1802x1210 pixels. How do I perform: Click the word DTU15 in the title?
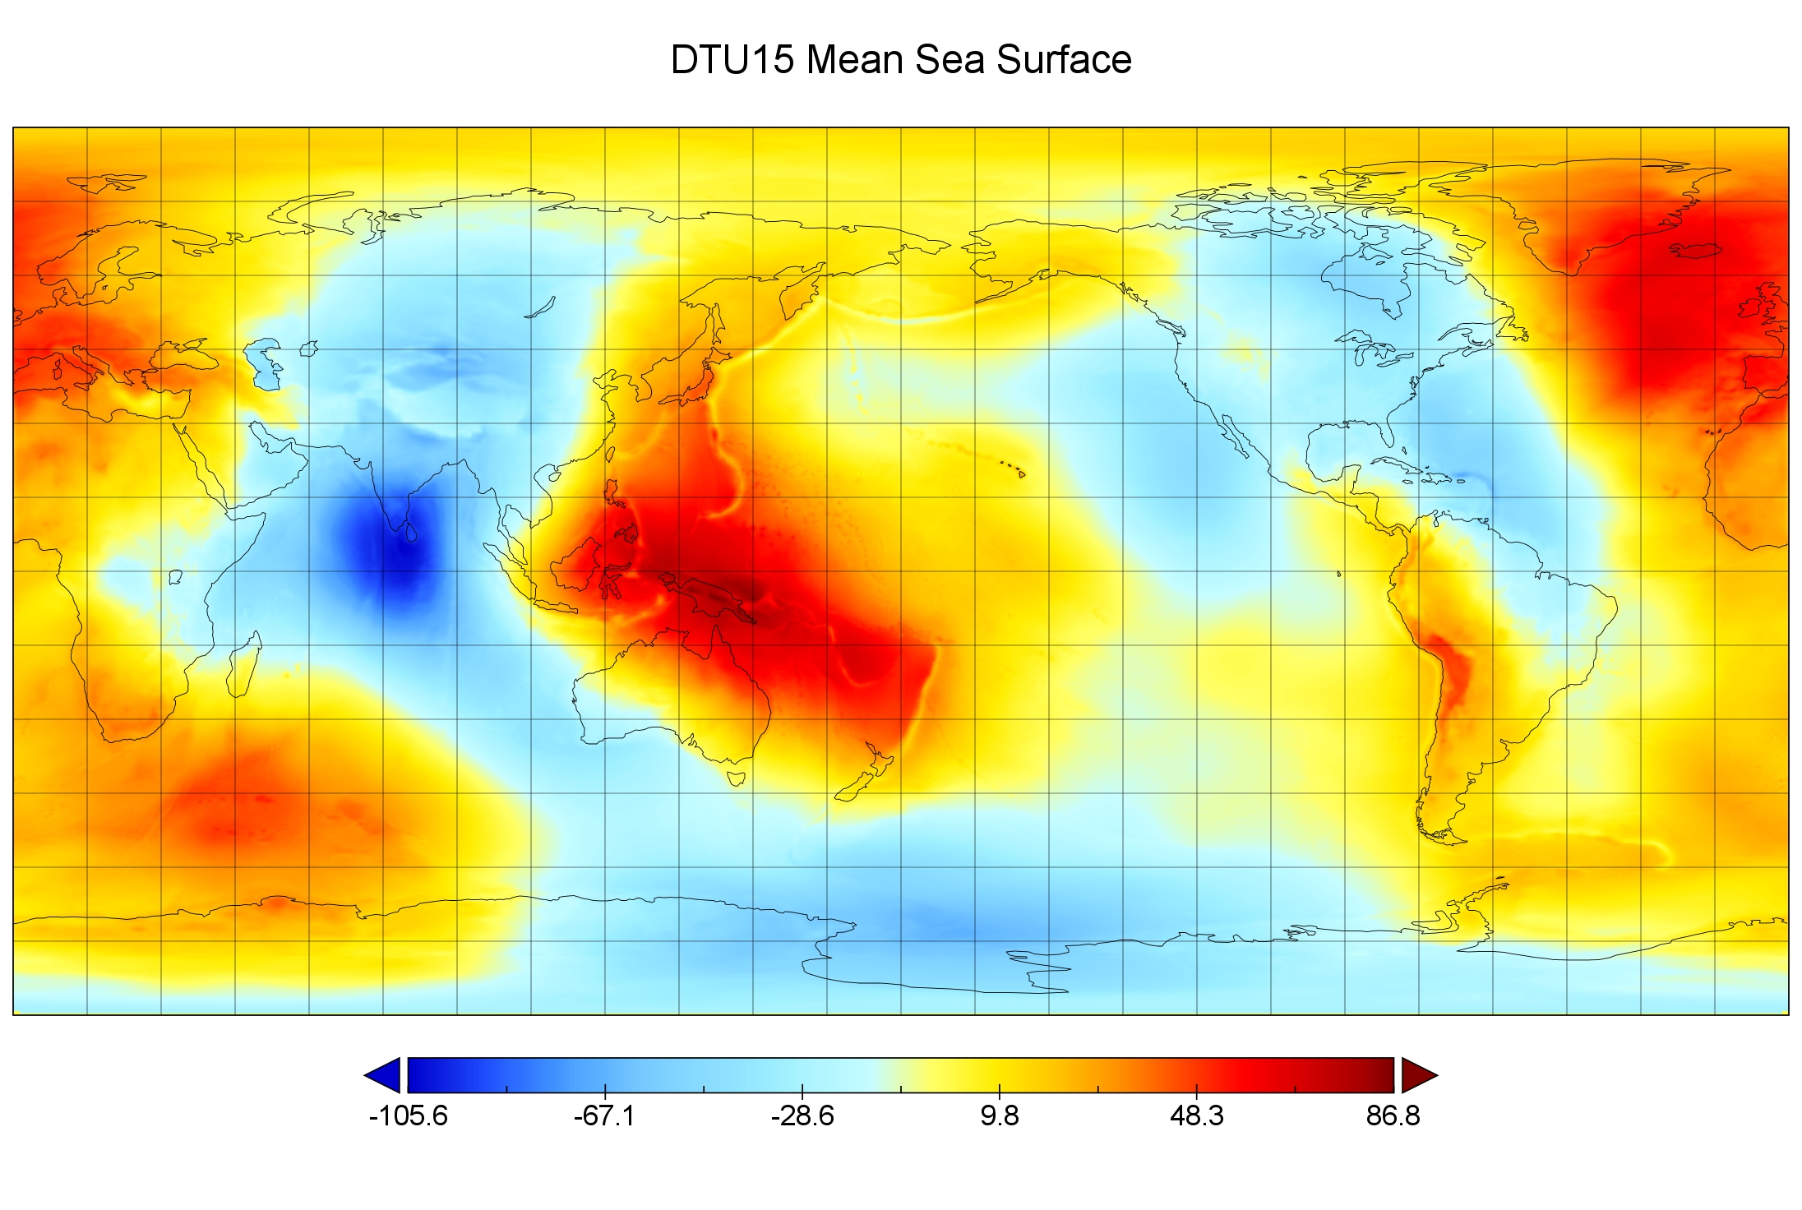[x=732, y=60]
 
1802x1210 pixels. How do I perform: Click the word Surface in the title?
[x=1064, y=60]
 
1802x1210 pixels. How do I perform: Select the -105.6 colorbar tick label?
[x=408, y=1115]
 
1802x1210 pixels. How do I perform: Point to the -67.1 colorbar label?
[x=604, y=1115]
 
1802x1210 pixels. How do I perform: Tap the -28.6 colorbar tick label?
[x=802, y=1115]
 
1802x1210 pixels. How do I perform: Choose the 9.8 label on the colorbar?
[x=999, y=1115]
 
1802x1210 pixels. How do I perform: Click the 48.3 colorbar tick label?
[x=1196, y=1115]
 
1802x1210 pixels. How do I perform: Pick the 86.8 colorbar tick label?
[x=1393, y=1115]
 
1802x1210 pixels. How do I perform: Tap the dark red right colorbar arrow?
[x=1417, y=1075]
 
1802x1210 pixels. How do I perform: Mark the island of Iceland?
[x=1695, y=249]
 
